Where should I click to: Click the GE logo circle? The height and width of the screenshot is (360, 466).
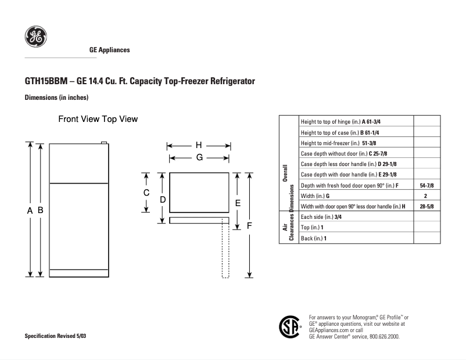pos(35,38)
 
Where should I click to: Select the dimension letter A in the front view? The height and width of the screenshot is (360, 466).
pos(30,211)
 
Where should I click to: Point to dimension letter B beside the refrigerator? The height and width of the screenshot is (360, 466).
pos(41,211)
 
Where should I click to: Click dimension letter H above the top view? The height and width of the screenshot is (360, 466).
pos(198,145)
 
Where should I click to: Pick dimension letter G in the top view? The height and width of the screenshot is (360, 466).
pos(199,157)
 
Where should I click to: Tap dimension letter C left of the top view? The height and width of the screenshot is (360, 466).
pos(147,193)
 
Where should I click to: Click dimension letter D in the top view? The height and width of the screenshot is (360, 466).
pos(163,199)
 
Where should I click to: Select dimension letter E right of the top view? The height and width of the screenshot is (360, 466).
pos(238,203)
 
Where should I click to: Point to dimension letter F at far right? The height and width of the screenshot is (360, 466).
pos(249,226)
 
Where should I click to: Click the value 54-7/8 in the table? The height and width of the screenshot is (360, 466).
pos(426,185)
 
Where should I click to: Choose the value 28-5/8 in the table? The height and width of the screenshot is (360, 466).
pos(426,206)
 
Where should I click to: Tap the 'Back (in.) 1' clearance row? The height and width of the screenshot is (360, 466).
pos(314,238)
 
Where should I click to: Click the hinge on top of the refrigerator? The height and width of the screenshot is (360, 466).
pos(104,142)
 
